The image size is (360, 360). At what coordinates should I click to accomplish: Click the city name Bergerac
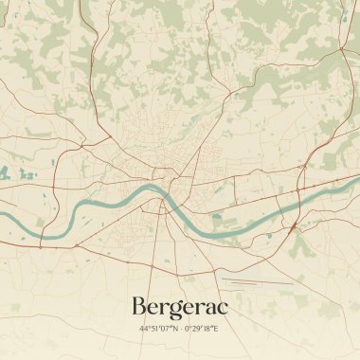[x=180, y=306]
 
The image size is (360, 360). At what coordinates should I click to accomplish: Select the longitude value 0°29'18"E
[x=201, y=328]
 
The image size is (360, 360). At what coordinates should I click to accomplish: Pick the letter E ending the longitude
[x=216, y=328]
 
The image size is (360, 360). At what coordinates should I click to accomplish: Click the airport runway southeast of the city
[x=256, y=281]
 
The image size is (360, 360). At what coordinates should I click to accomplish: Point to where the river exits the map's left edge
[x=3, y=214]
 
